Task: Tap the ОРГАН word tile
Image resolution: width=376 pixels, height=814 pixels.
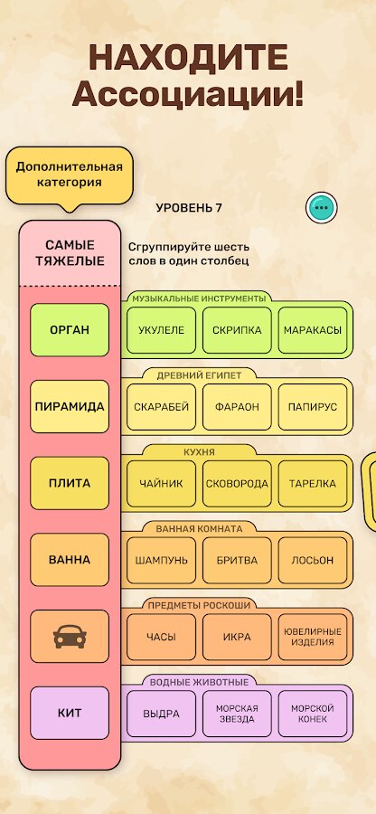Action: tap(70, 330)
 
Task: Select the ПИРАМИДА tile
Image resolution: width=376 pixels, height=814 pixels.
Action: tap(70, 406)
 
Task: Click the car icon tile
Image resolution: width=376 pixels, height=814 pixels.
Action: tap(70, 637)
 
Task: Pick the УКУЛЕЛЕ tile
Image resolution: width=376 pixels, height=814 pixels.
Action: tap(161, 330)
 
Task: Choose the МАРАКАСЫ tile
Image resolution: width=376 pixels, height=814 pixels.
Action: tap(313, 330)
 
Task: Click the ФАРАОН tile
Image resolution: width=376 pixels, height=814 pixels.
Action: tap(237, 407)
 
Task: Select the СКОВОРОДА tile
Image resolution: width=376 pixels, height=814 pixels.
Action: tap(237, 484)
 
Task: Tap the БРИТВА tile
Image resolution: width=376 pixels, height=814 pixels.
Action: tap(237, 561)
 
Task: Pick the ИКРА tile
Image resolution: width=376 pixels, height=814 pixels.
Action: tap(237, 637)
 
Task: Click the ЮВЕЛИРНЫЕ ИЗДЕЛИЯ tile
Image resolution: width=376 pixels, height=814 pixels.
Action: tap(313, 637)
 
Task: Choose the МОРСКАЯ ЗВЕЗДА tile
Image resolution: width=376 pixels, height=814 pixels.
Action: tap(237, 714)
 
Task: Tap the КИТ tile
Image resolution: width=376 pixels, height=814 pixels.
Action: tap(70, 714)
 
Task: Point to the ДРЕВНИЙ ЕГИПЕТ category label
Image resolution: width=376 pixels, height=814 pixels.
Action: tap(199, 376)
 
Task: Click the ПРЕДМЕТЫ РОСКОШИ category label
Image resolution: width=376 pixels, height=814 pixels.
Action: tap(199, 605)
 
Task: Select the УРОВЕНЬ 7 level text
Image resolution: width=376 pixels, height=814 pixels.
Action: tap(189, 208)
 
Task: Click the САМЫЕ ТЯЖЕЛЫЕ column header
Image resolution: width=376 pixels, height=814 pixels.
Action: tap(70, 253)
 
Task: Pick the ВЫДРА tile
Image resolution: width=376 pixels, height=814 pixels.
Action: tap(161, 714)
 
